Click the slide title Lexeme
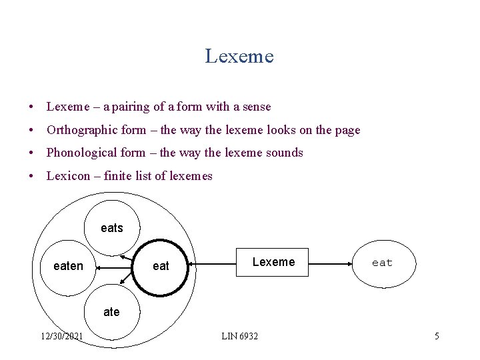[239, 56]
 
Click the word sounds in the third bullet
[285, 153]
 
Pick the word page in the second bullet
[347, 131]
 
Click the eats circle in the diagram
[112, 228]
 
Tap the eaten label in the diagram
[68, 266]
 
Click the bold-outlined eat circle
[161, 266]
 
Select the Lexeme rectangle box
[273, 262]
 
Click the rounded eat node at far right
[382, 263]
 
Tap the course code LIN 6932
[239, 336]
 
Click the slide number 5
[437, 336]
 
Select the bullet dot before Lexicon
[31, 177]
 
